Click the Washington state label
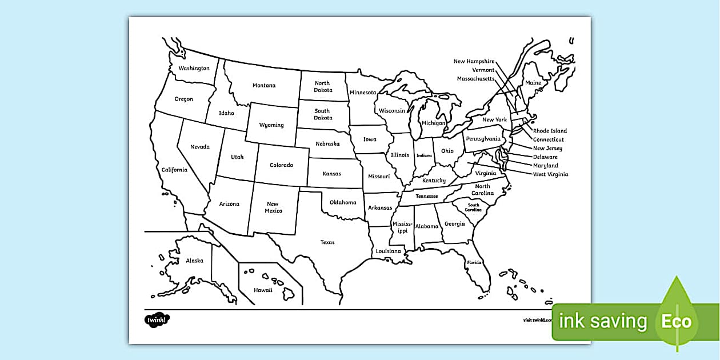pyautogui.click(x=194, y=69)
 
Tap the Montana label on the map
pyautogui.click(x=264, y=86)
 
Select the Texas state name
pyautogui.click(x=327, y=242)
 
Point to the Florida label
pyautogui.click(x=474, y=263)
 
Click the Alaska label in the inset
pyautogui.click(x=194, y=261)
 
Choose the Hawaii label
pyautogui.click(x=263, y=290)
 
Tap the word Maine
pyautogui.click(x=533, y=83)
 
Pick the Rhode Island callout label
pyautogui.click(x=550, y=131)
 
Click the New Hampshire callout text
pyautogui.click(x=474, y=61)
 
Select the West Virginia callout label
pyautogui.click(x=550, y=174)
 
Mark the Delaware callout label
pyautogui.click(x=545, y=157)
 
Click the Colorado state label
pyautogui.click(x=281, y=165)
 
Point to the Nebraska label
pyautogui.click(x=327, y=144)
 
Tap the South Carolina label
pyautogui.click(x=473, y=207)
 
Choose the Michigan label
pyautogui.click(x=434, y=123)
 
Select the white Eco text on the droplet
pyautogui.click(x=677, y=322)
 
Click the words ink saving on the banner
pyautogui.click(x=603, y=322)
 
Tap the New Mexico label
pyautogui.click(x=273, y=207)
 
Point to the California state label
pyautogui.click(x=174, y=170)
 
